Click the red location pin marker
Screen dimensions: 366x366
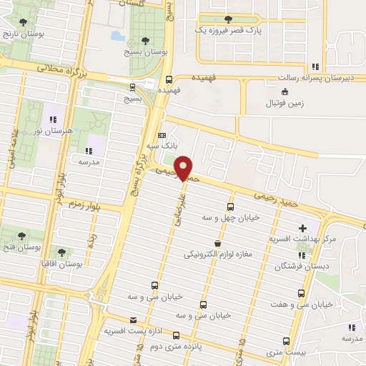184,167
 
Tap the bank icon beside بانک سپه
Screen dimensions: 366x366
162,134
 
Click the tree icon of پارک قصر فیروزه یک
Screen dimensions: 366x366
228,19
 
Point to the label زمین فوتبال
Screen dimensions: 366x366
285,102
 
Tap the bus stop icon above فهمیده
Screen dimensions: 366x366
169,79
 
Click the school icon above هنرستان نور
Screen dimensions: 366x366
51,119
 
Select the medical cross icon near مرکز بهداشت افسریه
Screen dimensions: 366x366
302,228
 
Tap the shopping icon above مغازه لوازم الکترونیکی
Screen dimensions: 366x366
217,243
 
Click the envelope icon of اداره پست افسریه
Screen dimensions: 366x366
132,320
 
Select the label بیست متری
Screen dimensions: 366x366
286,352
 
